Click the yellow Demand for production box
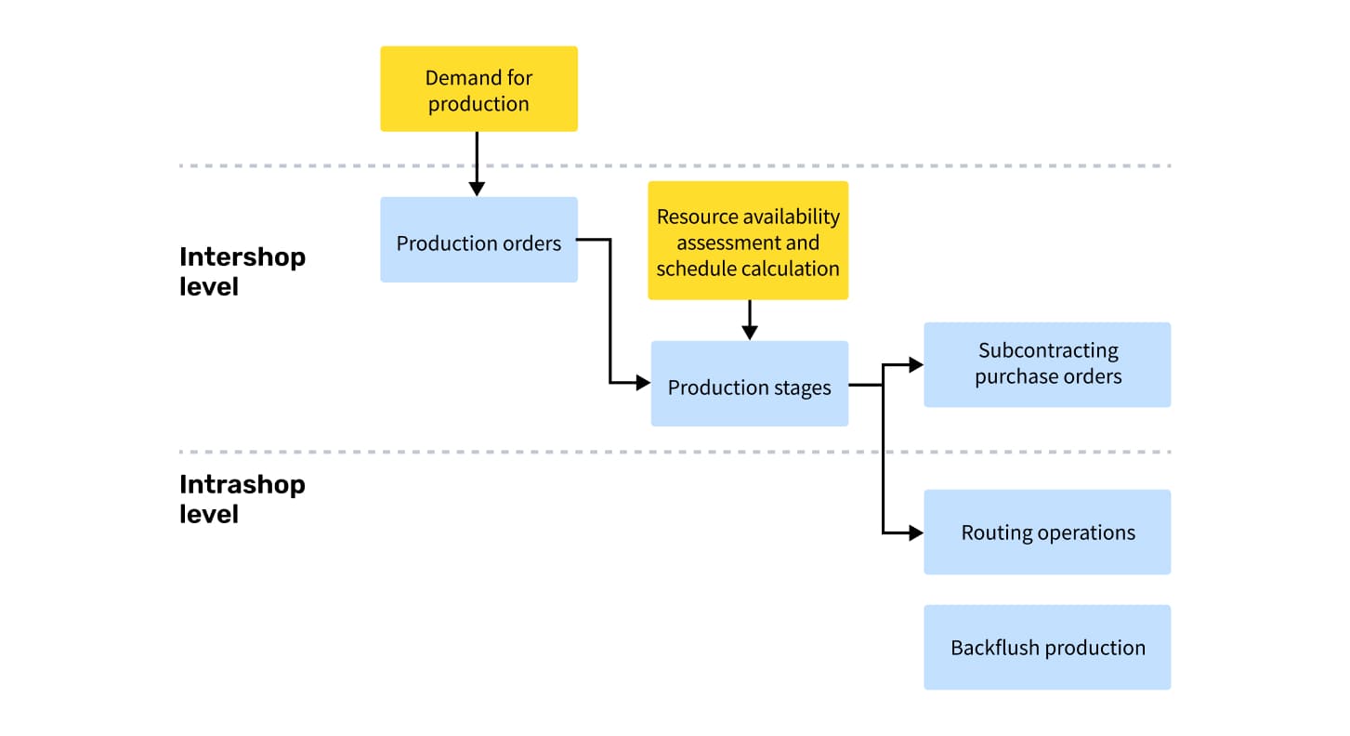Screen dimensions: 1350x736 [x=478, y=88]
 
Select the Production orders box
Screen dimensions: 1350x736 [x=478, y=240]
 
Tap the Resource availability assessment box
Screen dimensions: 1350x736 [x=748, y=241]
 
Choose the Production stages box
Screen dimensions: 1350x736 [x=749, y=384]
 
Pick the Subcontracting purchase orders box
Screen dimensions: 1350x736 [x=1047, y=364]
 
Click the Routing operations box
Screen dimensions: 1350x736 [x=1047, y=532]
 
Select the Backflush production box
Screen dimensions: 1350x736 [x=1047, y=648]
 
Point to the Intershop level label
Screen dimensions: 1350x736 [x=242, y=272]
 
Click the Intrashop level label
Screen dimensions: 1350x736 [x=242, y=499]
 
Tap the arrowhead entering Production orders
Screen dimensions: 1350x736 [x=477, y=190]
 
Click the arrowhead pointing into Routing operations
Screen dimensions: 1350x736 [x=916, y=532]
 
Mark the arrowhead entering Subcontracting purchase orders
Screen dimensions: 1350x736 [x=916, y=364]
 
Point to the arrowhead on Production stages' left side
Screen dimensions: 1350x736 [x=643, y=382]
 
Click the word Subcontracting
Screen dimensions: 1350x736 [x=1048, y=350]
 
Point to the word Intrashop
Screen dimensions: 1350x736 [x=242, y=485]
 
